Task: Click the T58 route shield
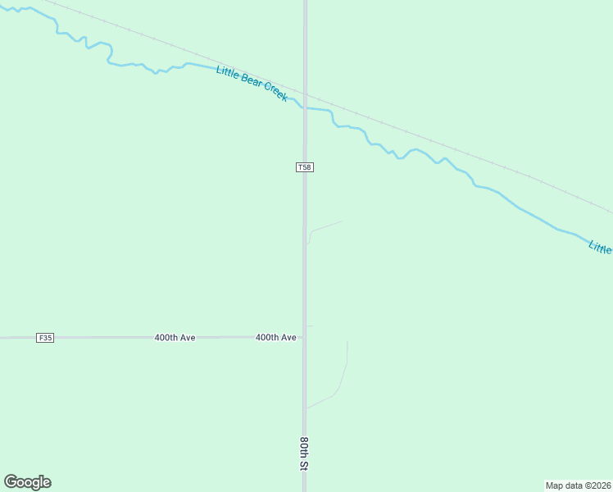[304, 167]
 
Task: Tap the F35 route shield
[45, 338]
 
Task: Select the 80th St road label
[303, 453]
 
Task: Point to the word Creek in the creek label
[275, 93]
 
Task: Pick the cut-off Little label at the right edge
[601, 247]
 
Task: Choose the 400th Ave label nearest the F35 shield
[175, 338]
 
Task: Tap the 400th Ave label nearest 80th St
[275, 338]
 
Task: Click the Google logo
[28, 482]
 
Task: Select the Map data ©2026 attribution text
[578, 485]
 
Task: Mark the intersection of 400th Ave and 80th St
[305, 337]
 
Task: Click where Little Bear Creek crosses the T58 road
[305, 107]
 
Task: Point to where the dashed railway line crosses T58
[305, 93]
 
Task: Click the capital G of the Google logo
[11, 482]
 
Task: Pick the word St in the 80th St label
[303, 465]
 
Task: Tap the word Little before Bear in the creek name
[227, 73]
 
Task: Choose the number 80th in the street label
[303, 447]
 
